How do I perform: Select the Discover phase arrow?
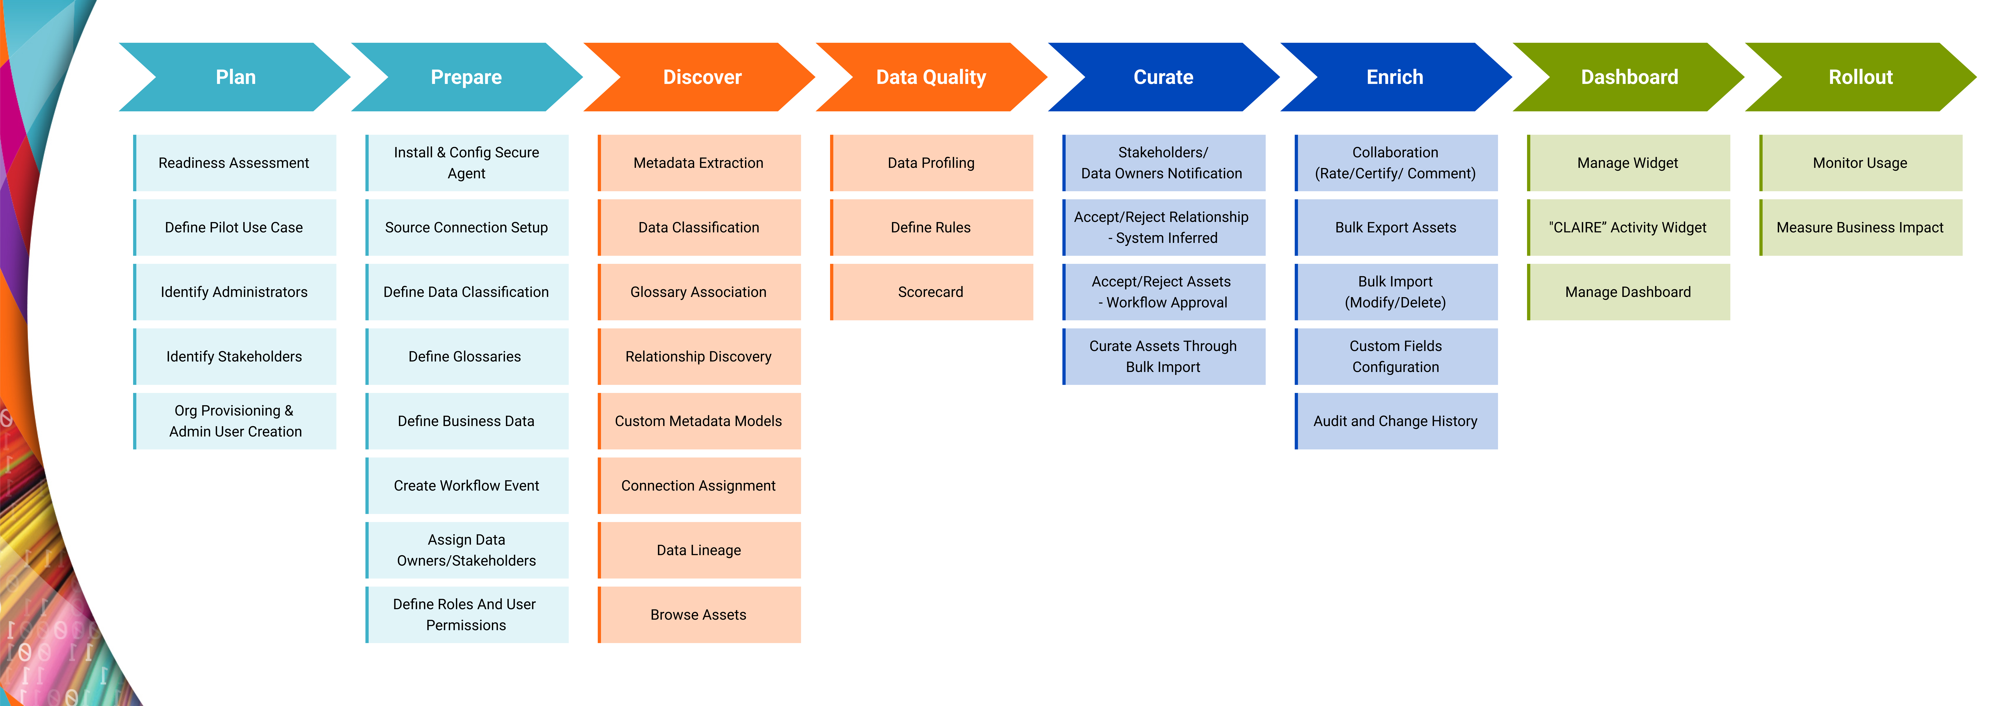tap(701, 77)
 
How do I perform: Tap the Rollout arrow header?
tap(1860, 77)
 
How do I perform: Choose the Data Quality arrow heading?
tap(931, 77)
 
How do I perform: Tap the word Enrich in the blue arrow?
tap(1395, 77)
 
